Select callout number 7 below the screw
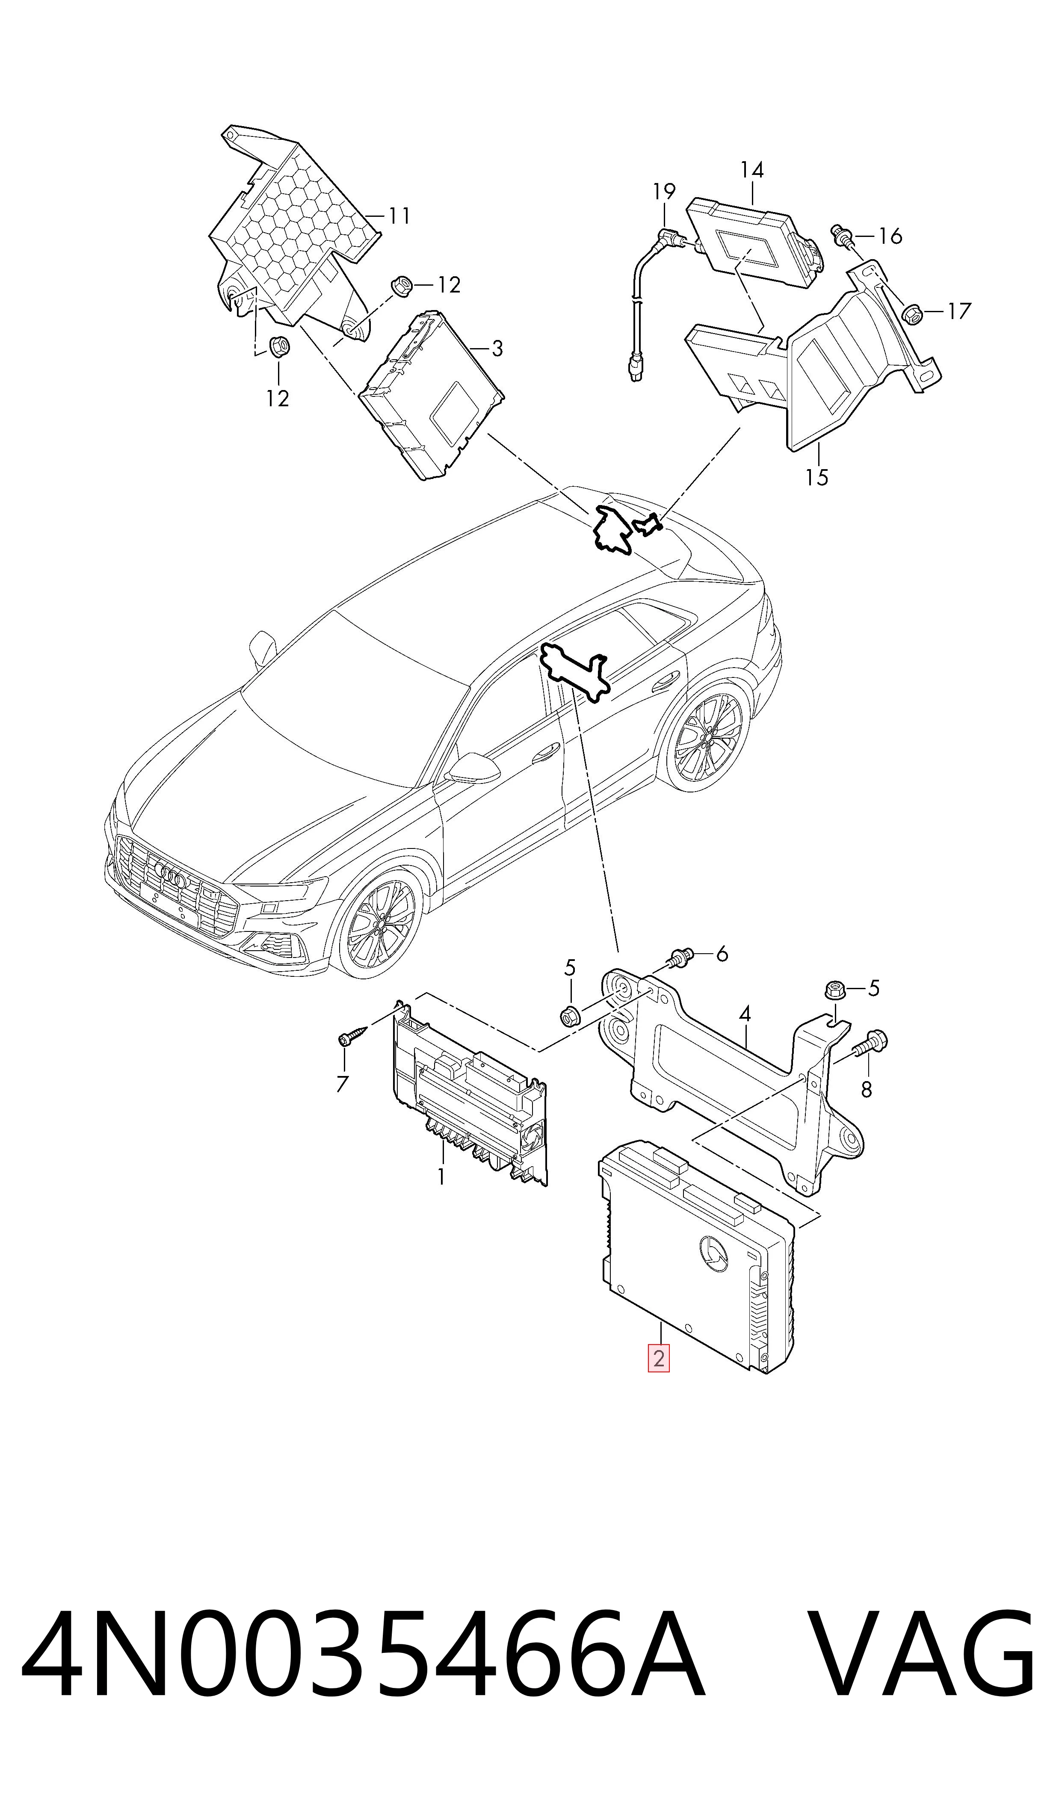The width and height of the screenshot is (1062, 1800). pyautogui.click(x=342, y=1083)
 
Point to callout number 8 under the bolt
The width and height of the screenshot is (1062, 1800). pyautogui.click(x=867, y=1089)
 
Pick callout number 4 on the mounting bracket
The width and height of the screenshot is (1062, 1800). pyautogui.click(x=745, y=1014)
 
